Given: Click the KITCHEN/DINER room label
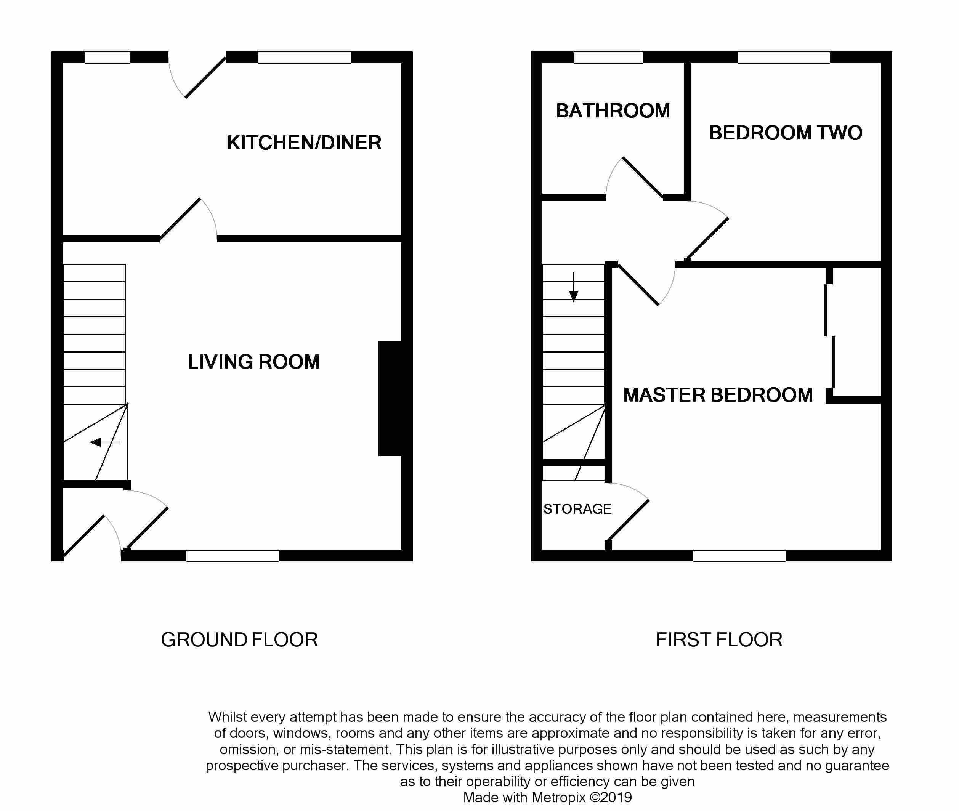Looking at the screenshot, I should coord(304,143).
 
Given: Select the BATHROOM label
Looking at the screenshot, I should coord(613,111).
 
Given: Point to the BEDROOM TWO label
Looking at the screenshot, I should coord(786,133).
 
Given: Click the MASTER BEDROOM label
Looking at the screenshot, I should coord(718,395).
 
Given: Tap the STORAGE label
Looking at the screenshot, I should coord(577,509).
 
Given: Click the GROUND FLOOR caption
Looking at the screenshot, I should coord(239,640).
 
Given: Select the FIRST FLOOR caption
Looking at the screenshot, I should coord(718,640).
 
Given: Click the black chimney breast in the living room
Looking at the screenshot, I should coord(390,399).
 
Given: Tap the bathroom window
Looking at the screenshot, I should coord(608,57).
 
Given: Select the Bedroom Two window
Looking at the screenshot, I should coord(784,57).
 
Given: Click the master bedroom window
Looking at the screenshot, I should coord(739,556).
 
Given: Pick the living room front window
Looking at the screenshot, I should coord(232,556).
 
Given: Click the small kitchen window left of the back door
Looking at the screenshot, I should coord(107,57).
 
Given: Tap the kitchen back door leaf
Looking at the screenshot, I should coord(205,77).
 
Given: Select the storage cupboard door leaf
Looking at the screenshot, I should coord(629,519).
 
